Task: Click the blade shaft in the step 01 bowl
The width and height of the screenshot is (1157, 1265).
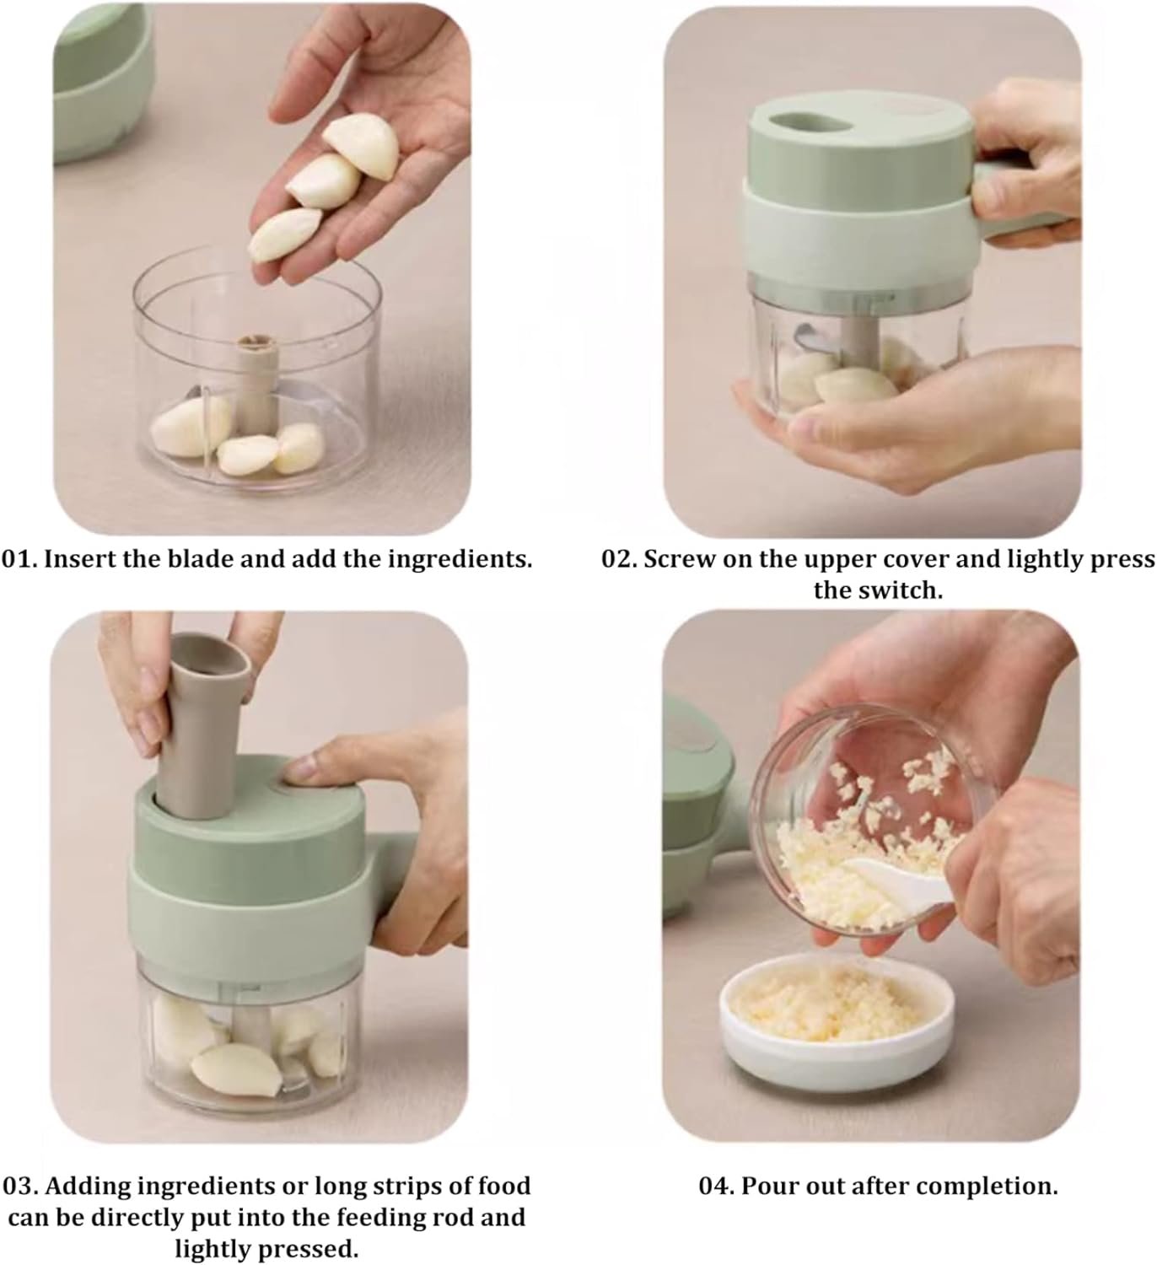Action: (x=256, y=381)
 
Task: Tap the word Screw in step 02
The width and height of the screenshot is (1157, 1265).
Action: (x=680, y=559)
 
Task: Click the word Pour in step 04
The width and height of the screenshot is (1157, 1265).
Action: (x=767, y=1187)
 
